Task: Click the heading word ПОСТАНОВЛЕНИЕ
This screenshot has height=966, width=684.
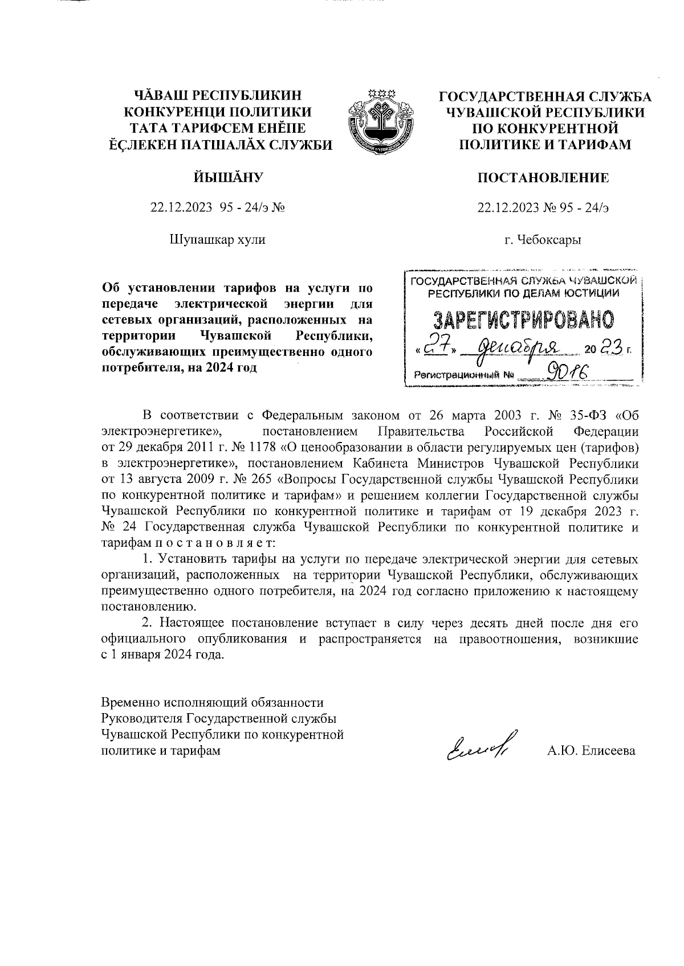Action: [543, 178]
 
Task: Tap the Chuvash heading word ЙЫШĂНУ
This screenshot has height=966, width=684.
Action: [218, 178]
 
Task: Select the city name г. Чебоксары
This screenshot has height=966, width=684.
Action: [543, 240]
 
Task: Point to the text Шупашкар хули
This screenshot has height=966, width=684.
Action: [217, 240]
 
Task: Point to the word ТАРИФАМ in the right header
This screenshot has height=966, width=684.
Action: [598, 145]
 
